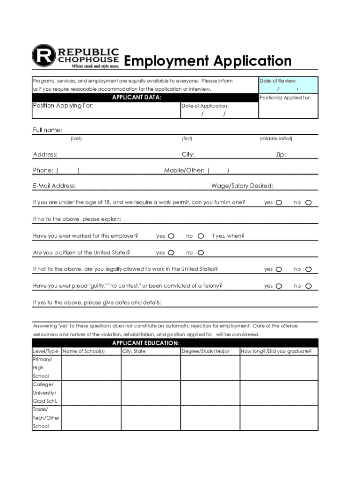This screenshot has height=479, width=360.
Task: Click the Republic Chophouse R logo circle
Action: click(x=44, y=56)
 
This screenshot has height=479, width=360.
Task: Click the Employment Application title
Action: click(x=208, y=61)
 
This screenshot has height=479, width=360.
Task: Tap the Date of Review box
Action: click(x=288, y=85)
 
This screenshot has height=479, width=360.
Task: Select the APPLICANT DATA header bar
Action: click(x=137, y=97)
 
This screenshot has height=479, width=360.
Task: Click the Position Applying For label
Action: click(x=63, y=106)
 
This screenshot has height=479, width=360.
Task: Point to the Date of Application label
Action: click(x=205, y=106)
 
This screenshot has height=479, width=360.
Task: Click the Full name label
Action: click(x=48, y=130)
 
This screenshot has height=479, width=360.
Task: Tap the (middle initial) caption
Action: click(x=276, y=138)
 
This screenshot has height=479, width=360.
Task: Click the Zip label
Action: click(x=281, y=155)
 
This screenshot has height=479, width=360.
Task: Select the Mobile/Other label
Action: click(x=184, y=171)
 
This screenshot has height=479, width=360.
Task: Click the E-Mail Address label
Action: click(x=54, y=186)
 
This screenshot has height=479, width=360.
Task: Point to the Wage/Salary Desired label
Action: click(x=242, y=186)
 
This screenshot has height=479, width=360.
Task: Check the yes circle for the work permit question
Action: click(x=279, y=203)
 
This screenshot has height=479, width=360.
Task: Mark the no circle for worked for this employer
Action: click(x=201, y=236)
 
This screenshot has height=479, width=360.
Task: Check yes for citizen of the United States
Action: click(x=171, y=253)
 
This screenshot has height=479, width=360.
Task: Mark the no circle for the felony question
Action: click(x=308, y=286)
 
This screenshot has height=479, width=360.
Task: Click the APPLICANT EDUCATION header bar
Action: click(x=145, y=343)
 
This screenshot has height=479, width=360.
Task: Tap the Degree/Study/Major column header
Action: click(x=205, y=351)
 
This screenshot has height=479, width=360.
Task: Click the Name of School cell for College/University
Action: click(x=91, y=393)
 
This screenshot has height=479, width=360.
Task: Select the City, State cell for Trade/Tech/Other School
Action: click(x=151, y=418)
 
